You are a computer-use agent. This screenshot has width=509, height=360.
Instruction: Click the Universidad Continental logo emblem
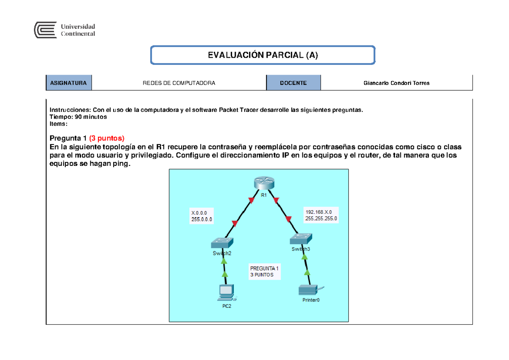click(45, 31)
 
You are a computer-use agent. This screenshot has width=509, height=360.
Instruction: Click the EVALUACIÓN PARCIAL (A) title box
click(263, 56)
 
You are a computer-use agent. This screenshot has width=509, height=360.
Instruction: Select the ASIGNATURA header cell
click(69, 83)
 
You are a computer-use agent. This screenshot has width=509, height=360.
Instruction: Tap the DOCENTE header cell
click(294, 83)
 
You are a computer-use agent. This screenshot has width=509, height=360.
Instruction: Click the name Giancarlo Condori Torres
click(397, 83)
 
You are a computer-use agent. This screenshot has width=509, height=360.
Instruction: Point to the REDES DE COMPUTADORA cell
click(179, 83)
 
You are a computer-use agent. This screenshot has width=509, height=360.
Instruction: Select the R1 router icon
click(264, 183)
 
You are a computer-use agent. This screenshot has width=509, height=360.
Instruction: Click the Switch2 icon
click(222, 243)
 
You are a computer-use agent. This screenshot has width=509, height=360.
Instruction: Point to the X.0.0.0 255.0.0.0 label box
click(202, 216)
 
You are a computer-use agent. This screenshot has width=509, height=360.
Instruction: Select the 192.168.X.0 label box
click(321, 215)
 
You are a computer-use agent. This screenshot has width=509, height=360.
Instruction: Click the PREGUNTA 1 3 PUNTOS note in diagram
click(264, 271)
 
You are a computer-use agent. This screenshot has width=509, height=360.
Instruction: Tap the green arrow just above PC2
click(225, 274)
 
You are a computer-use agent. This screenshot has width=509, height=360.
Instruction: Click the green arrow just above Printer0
click(308, 273)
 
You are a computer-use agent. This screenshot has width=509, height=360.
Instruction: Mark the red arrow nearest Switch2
click(235, 224)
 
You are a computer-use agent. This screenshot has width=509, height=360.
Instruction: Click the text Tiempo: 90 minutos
click(78, 117)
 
